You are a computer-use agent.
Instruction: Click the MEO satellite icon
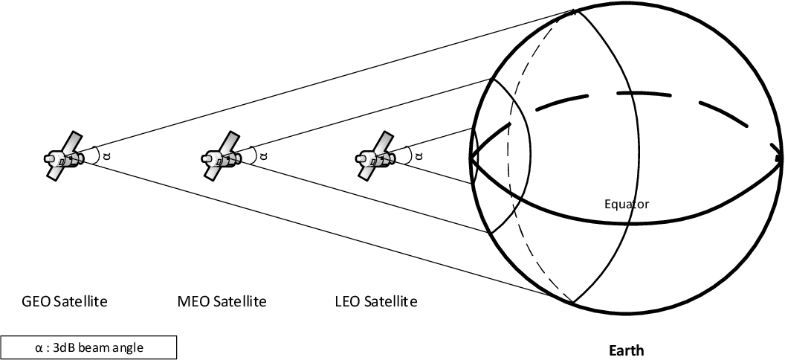[221, 156]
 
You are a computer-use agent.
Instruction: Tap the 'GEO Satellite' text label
[65, 302]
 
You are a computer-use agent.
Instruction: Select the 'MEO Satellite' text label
[222, 302]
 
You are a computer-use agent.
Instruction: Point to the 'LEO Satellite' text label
[377, 302]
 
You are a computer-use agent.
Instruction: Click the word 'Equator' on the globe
[627, 203]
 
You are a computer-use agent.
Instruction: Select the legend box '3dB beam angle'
[88, 347]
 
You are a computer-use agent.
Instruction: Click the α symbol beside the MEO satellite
[265, 156]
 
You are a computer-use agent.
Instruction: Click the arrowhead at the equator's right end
[778, 158]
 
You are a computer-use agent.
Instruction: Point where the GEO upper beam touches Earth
[575, 10]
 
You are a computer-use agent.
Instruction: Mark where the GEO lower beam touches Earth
[573, 303]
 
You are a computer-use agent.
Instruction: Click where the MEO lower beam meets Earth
[491, 234]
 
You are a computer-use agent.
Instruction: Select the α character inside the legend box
[39, 347]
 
